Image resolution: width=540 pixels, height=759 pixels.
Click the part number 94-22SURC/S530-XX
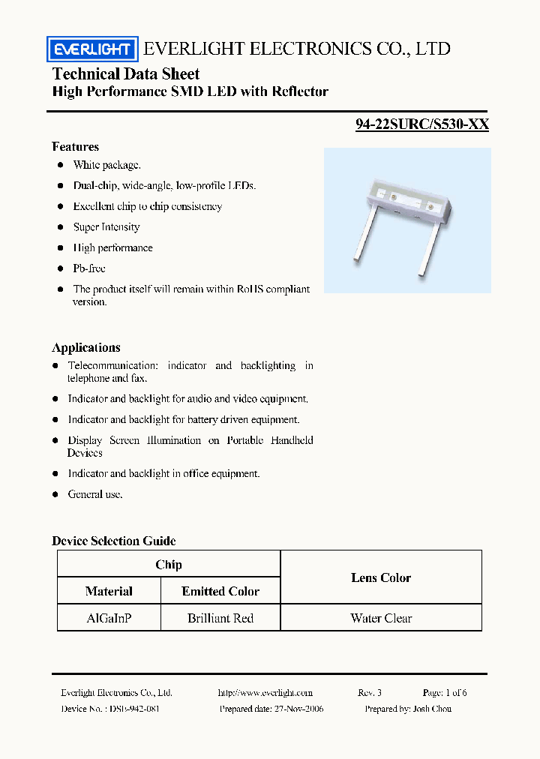421,124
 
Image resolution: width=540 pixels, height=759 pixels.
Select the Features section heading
75,147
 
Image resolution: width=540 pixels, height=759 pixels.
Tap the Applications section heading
85,347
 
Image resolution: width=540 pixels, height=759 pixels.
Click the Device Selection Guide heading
113,541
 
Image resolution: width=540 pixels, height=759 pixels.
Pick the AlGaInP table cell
109,618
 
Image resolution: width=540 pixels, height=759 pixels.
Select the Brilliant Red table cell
220,618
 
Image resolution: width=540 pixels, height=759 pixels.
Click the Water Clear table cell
381,618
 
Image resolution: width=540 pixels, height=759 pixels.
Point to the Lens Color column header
381,577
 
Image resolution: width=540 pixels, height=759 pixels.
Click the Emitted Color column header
220,591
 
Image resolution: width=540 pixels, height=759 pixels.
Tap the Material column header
109,591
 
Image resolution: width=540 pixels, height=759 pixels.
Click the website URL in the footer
265,693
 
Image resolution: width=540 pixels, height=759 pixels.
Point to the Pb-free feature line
89,268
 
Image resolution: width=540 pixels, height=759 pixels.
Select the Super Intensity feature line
106,227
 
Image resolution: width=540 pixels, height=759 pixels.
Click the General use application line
95,494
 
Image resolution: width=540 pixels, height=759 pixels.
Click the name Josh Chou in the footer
431,709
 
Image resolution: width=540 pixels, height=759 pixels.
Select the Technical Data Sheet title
126,73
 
